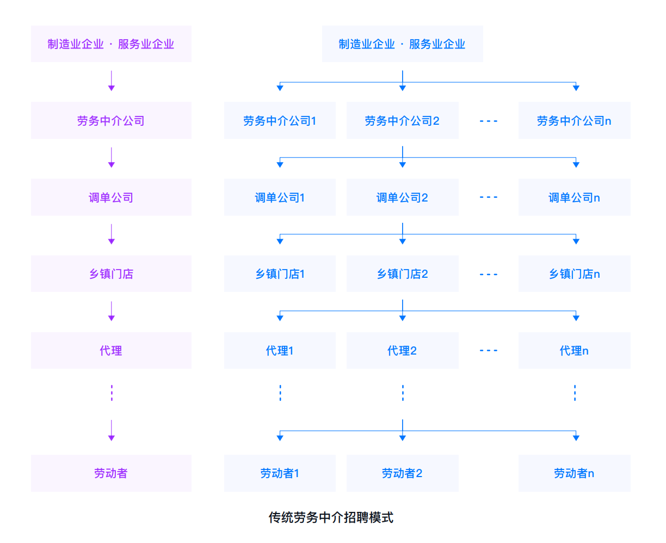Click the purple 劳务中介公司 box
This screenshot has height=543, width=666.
click(111, 120)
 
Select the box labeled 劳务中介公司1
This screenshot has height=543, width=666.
click(280, 120)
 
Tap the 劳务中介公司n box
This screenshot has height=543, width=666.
click(574, 120)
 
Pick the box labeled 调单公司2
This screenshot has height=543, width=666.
click(402, 197)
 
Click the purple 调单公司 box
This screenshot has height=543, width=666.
click(111, 197)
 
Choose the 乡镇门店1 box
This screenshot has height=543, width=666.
click(280, 274)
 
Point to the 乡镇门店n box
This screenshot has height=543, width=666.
click(574, 274)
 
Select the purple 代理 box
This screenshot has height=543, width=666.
click(111, 351)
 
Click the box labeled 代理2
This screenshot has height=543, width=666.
click(402, 351)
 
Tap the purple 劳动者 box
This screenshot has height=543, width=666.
click(111, 473)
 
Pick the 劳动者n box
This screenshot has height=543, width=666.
click(574, 473)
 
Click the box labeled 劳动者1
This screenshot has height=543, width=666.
click(280, 473)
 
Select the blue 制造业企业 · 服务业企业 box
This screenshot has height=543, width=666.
click(402, 44)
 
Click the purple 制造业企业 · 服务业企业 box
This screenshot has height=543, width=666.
click(111, 44)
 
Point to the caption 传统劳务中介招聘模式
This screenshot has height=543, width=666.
click(331, 517)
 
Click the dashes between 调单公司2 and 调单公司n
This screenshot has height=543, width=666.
click(489, 197)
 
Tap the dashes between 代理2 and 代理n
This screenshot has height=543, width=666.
click(489, 351)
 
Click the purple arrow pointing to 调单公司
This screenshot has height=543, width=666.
click(112, 157)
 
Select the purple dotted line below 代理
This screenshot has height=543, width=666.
click(112, 393)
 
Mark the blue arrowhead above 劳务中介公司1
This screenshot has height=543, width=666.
click(280, 87)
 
